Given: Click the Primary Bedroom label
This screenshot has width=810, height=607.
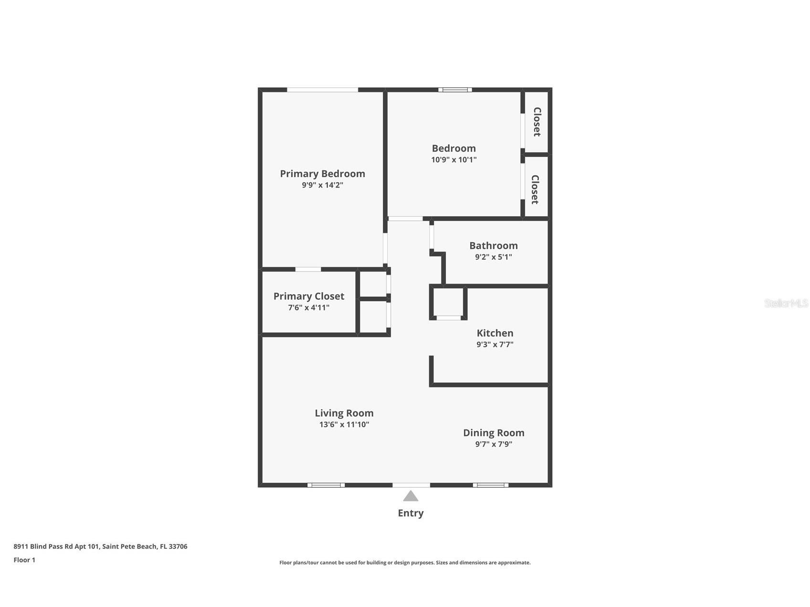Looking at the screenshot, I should (322, 174).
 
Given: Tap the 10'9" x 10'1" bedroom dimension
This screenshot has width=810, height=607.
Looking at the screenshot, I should (453, 160).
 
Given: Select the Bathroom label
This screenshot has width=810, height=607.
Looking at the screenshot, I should (493, 246).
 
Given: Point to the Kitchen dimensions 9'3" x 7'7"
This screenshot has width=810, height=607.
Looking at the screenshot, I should (494, 345).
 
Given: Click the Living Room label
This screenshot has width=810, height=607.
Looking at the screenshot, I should (344, 413).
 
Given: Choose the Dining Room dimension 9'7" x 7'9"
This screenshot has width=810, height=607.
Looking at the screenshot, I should (494, 444).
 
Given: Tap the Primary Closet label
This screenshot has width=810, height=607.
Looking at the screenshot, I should (308, 296).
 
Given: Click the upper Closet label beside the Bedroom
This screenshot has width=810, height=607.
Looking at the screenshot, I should (537, 122).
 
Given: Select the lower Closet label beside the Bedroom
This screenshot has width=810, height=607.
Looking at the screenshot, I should (535, 189).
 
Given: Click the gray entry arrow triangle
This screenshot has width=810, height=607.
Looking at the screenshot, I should (410, 497).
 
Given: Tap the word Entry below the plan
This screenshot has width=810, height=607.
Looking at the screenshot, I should (410, 513).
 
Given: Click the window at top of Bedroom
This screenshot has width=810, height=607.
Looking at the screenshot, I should (455, 90).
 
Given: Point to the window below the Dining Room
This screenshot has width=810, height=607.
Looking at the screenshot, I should (490, 485).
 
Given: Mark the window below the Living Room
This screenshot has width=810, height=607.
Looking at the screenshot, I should (326, 485).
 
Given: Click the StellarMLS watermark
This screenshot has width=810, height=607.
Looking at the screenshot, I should (786, 303).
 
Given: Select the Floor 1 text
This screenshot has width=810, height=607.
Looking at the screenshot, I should (24, 560).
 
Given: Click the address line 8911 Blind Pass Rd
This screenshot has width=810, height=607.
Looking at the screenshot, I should (100, 546).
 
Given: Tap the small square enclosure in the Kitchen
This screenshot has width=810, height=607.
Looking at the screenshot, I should (448, 302).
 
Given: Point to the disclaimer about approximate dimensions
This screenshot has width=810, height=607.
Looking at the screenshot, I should (405, 563).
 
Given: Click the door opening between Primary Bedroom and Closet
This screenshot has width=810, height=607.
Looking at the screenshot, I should (308, 269).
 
